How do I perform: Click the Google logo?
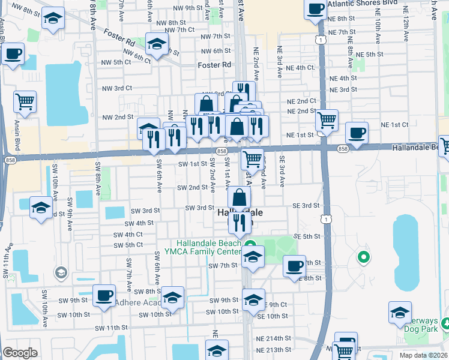20,353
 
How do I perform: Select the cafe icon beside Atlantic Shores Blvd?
315,9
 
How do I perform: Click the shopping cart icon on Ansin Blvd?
25,102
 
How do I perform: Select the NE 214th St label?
274,339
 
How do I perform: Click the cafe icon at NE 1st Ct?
357,132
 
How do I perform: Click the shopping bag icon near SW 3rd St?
239,197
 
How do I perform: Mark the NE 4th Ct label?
300,68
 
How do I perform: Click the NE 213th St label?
274,350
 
